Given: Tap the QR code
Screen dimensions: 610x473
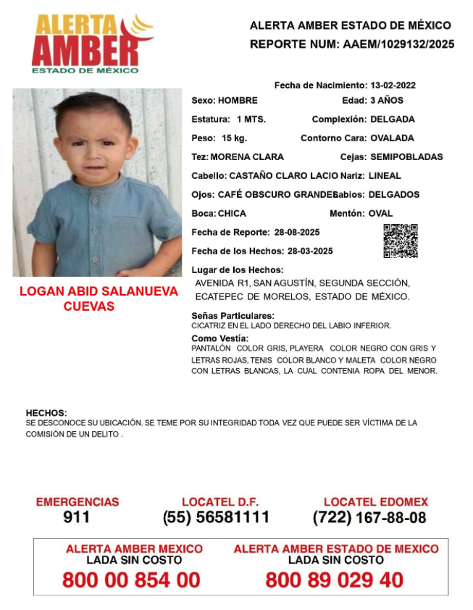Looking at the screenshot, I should tap(400, 241).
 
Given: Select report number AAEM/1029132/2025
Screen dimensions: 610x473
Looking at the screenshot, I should tap(397, 44).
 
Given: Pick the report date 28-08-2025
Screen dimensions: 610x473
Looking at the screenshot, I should tap(297, 233).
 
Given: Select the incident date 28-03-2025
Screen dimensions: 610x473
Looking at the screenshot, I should tap(310, 251).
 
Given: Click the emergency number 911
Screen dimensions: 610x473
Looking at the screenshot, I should tap(77, 517).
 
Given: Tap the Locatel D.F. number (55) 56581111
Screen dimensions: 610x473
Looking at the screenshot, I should tap(216, 517).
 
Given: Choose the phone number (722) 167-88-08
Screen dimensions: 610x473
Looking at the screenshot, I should tap(369, 518).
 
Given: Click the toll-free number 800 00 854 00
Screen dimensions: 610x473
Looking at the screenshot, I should tap(131, 580).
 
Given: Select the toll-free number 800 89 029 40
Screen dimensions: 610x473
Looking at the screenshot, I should tap(335, 580).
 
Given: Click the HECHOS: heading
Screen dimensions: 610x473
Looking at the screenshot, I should tap(46, 413).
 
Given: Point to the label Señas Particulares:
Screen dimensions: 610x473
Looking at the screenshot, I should tap(233, 316).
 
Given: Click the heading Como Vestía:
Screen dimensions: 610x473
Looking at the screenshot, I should tap(219, 338).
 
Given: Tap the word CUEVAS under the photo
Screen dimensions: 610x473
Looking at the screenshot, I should tap(89, 306).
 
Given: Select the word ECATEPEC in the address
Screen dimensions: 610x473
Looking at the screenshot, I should tap(218, 297).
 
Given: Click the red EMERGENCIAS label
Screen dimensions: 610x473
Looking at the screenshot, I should tap(77, 502).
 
